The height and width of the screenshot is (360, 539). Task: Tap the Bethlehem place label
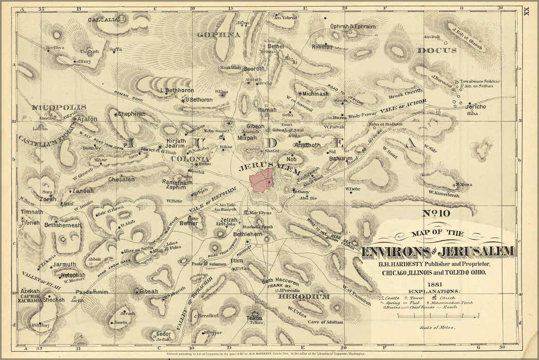click(248, 235)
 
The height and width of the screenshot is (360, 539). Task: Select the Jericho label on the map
click(475, 106)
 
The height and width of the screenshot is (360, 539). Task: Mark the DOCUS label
click(437, 50)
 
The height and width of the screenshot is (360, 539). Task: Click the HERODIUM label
click(304, 297)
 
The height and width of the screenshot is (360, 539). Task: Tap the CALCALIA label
click(103, 20)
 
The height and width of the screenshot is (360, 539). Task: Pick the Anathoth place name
click(307, 145)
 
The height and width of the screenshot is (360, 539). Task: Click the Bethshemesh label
click(63, 225)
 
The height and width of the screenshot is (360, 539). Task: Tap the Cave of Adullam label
click(325, 322)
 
